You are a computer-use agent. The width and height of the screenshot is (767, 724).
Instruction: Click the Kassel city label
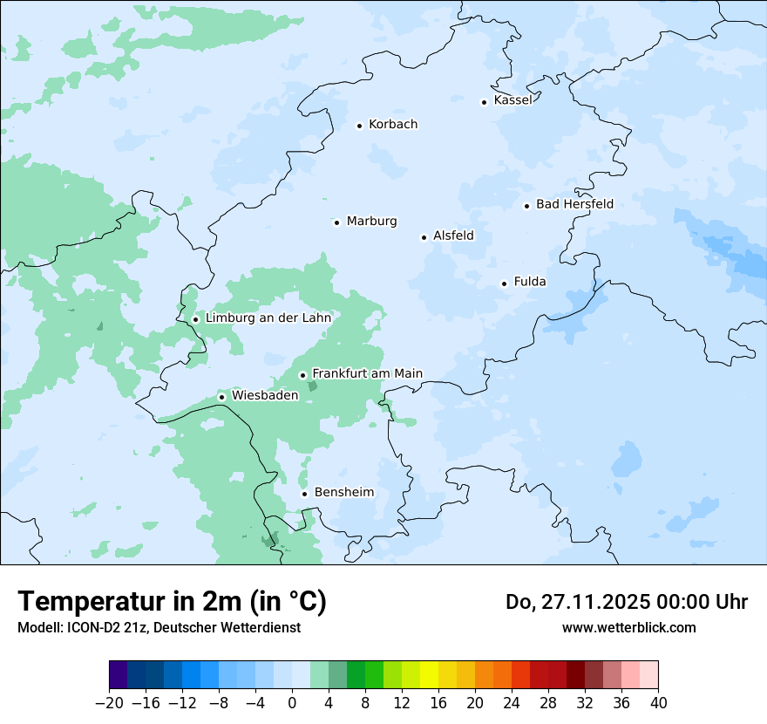(x=512, y=100)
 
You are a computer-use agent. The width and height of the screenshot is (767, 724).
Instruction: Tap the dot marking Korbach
(x=359, y=126)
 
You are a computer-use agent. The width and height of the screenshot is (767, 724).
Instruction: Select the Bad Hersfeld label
(x=574, y=204)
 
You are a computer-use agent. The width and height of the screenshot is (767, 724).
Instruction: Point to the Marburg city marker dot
(x=336, y=222)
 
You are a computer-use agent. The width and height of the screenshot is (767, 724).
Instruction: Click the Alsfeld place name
(x=453, y=236)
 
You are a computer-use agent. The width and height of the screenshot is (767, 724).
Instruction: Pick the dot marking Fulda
(x=504, y=283)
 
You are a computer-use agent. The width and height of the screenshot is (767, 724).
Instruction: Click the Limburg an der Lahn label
(x=268, y=318)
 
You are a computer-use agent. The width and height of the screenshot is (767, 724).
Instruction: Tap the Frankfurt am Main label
(x=367, y=373)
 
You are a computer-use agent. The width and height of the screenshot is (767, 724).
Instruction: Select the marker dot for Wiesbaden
(x=222, y=398)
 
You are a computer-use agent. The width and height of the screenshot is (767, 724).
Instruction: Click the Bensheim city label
(x=343, y=492)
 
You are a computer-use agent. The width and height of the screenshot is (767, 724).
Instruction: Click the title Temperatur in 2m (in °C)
(x=172, y=602)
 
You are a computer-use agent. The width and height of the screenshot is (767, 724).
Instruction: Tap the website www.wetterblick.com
(x=628, y=627)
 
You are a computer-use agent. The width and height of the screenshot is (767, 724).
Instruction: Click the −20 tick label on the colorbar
(x=110, y=703)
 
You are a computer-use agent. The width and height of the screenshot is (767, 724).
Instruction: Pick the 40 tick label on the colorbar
(x=658, y=703)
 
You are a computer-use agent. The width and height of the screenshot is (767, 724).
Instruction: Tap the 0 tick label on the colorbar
(x=292, y=703)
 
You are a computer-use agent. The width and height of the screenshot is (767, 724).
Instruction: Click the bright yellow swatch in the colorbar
(x=430, y=675)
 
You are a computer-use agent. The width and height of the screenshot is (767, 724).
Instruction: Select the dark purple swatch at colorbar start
(x=119, y=675)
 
